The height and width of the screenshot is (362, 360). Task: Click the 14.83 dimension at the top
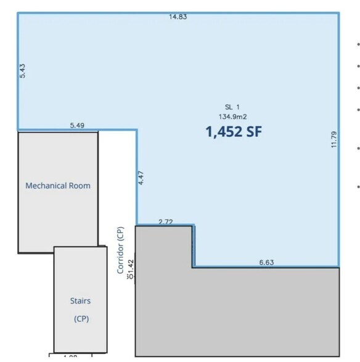pos(178,17)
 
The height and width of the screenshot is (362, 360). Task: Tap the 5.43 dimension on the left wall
pos(23,70)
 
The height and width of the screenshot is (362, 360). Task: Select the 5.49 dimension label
pos(77,125)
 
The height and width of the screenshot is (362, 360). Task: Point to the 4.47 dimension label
pos(141,177)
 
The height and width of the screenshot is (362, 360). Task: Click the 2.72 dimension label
pos(166,221)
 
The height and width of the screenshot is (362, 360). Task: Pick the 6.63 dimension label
pos(266,262)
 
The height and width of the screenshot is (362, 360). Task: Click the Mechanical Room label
pos(58,185)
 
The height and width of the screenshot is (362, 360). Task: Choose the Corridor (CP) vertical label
pos(120,249)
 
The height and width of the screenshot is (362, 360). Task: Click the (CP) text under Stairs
pos(81,320)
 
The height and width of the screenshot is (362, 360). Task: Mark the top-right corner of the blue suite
pos(338,14)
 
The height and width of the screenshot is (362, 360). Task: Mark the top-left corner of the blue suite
pos(18,14)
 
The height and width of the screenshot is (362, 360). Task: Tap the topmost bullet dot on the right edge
pos(358,45)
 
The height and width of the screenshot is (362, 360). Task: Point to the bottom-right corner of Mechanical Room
pos(97,252)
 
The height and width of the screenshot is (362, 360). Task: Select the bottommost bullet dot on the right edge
pos(358,187)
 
